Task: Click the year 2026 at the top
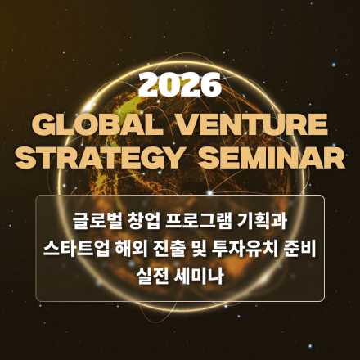pyautogui.click(x=180, y=84)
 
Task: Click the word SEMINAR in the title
pyautogui.click(x=269, y=156)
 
